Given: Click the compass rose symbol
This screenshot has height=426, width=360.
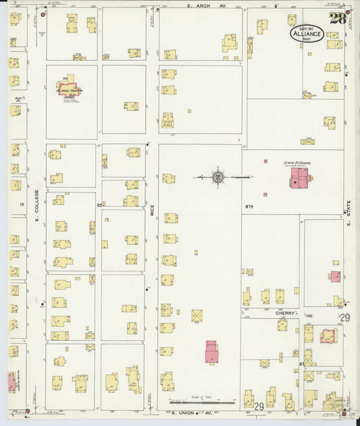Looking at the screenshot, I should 219,177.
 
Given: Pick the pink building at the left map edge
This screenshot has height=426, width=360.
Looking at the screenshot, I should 11,381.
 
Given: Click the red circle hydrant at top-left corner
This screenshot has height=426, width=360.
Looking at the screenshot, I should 43,14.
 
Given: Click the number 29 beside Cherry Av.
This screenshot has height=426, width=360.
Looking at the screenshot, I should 344,317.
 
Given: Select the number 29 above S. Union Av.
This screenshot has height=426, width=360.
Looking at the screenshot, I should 259,406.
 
